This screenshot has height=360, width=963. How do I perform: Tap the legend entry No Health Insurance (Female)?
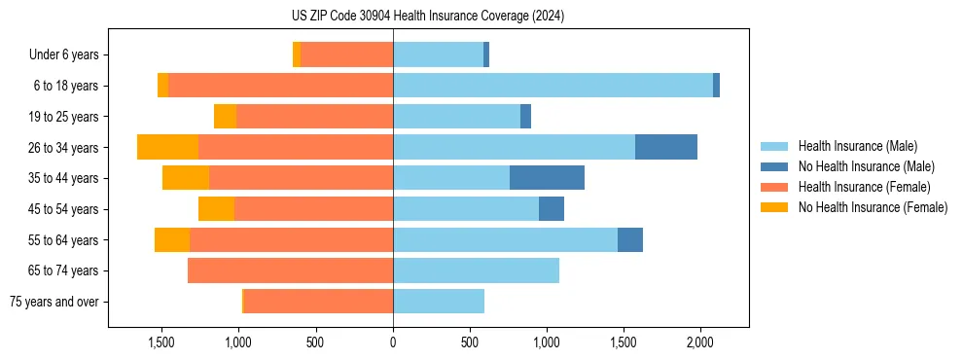coord(873,207)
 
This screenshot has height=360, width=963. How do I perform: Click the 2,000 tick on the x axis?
coord(700,342)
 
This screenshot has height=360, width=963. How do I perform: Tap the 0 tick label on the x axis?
coord(393,342)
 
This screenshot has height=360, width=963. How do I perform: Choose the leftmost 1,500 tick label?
coord(161,342)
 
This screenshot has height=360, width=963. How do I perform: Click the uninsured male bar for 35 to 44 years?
coord(547,178)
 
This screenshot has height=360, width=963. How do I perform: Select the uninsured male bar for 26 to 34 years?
coord(666,147)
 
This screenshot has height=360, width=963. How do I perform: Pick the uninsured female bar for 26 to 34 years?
coord(167,147)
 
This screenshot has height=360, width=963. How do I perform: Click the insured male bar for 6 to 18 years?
coord(553,86)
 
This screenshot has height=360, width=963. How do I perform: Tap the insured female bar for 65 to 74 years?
coord(290,270)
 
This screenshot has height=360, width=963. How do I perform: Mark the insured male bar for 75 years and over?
coord(439,302)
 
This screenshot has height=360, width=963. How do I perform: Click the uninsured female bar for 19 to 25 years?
coord(225,117)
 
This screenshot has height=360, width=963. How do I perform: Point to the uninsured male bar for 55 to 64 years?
coord(630,239)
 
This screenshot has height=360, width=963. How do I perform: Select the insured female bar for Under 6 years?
coord(346,54)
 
